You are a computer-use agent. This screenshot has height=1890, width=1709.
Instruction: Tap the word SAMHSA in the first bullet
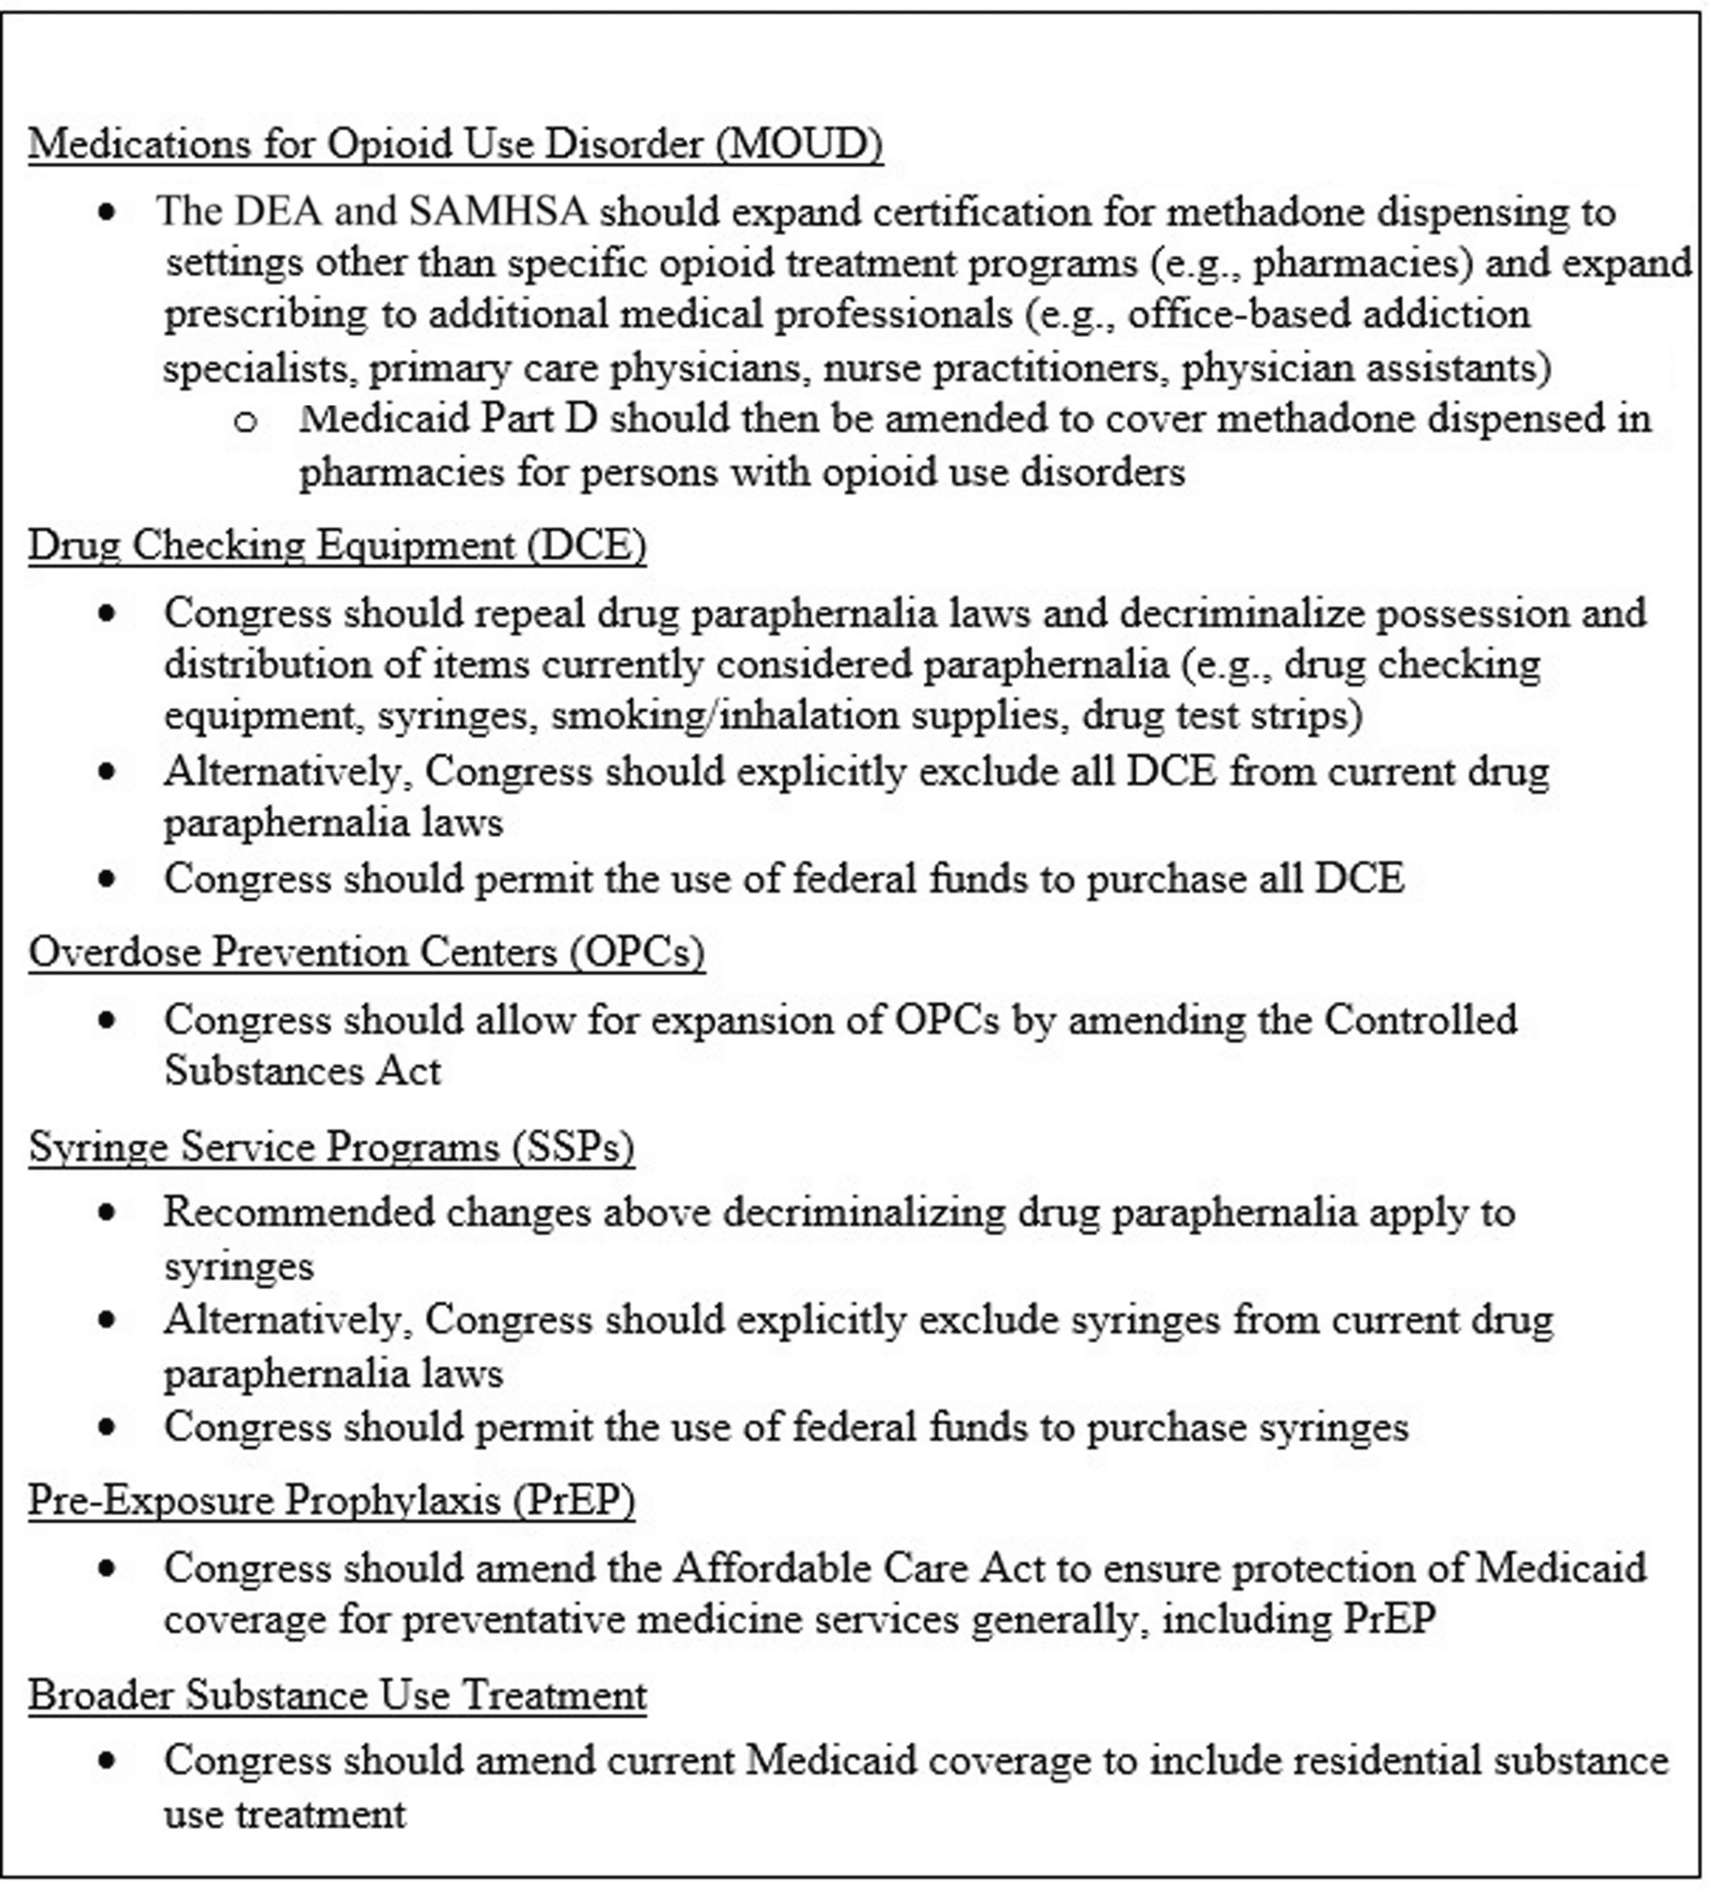[498, 212]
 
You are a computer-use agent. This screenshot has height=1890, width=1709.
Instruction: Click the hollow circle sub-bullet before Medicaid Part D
[246, 421]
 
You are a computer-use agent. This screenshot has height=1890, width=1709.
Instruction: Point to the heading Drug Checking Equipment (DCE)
[337, 546]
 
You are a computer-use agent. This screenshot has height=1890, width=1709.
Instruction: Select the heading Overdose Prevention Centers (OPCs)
[366, 952]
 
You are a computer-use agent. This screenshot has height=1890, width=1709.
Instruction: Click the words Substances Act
[302, 1071]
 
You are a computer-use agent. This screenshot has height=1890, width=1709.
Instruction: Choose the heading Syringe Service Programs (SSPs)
[331, 1146]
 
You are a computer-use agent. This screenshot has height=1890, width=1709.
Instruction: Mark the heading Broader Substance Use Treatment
[337, 1695]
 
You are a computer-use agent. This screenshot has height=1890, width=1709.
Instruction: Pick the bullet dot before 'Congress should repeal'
[108, 613]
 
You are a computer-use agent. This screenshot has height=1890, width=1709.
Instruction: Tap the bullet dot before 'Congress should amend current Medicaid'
[108, 1761]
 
